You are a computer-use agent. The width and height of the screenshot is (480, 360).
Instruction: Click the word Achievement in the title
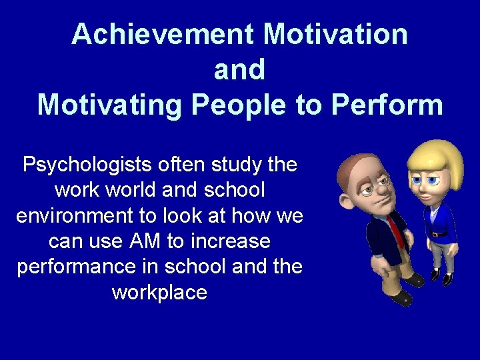pos(162,34)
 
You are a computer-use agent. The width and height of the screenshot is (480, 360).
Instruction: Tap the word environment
pos(76,215)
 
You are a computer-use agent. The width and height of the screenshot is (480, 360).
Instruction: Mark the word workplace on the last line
pos(159,292)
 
